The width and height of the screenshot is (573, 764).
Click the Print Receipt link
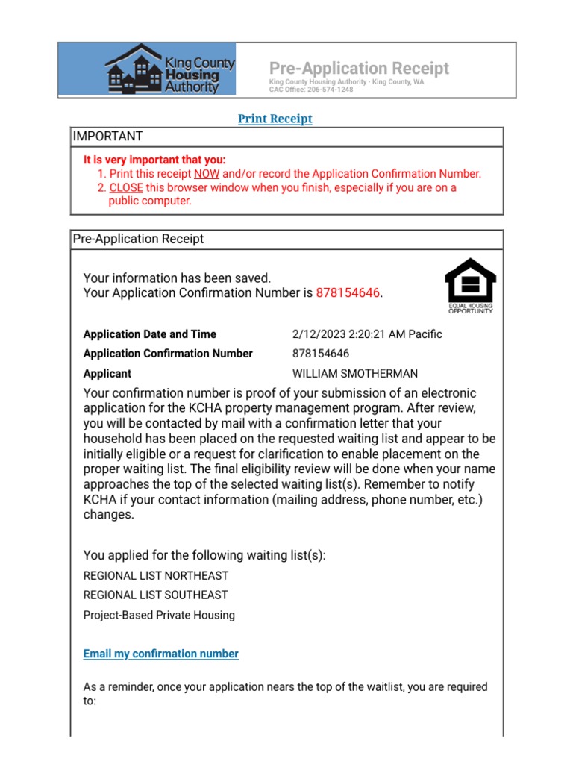pos(275,119)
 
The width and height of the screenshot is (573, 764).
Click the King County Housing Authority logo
pos(169,69)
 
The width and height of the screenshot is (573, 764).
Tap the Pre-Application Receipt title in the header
pos(359,69)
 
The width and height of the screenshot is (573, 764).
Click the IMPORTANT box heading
pos(107,137)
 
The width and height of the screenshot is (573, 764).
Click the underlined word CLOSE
pos(125,187)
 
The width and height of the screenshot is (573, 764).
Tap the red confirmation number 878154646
pos(348,293)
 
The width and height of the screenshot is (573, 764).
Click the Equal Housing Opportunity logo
pos(470,286)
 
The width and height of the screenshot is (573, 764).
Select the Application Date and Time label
pos(150,334)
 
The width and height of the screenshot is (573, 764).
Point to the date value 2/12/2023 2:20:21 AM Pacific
pos(367,334)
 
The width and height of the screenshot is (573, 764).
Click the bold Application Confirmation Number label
pos(168,354)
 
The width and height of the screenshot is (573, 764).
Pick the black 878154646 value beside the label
pos(321,354)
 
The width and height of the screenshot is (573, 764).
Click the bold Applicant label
pos(107,373)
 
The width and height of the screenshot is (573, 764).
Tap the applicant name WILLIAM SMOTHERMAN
pos(355,373)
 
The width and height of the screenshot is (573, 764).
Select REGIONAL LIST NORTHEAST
pos(156,576)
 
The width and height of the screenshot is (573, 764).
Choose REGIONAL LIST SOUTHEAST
pos(155,595)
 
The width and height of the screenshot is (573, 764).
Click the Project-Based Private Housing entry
pos(159,616)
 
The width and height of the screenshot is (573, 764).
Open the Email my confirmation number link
pos(161,654)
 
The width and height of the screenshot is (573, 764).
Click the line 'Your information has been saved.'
pos(177,278)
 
